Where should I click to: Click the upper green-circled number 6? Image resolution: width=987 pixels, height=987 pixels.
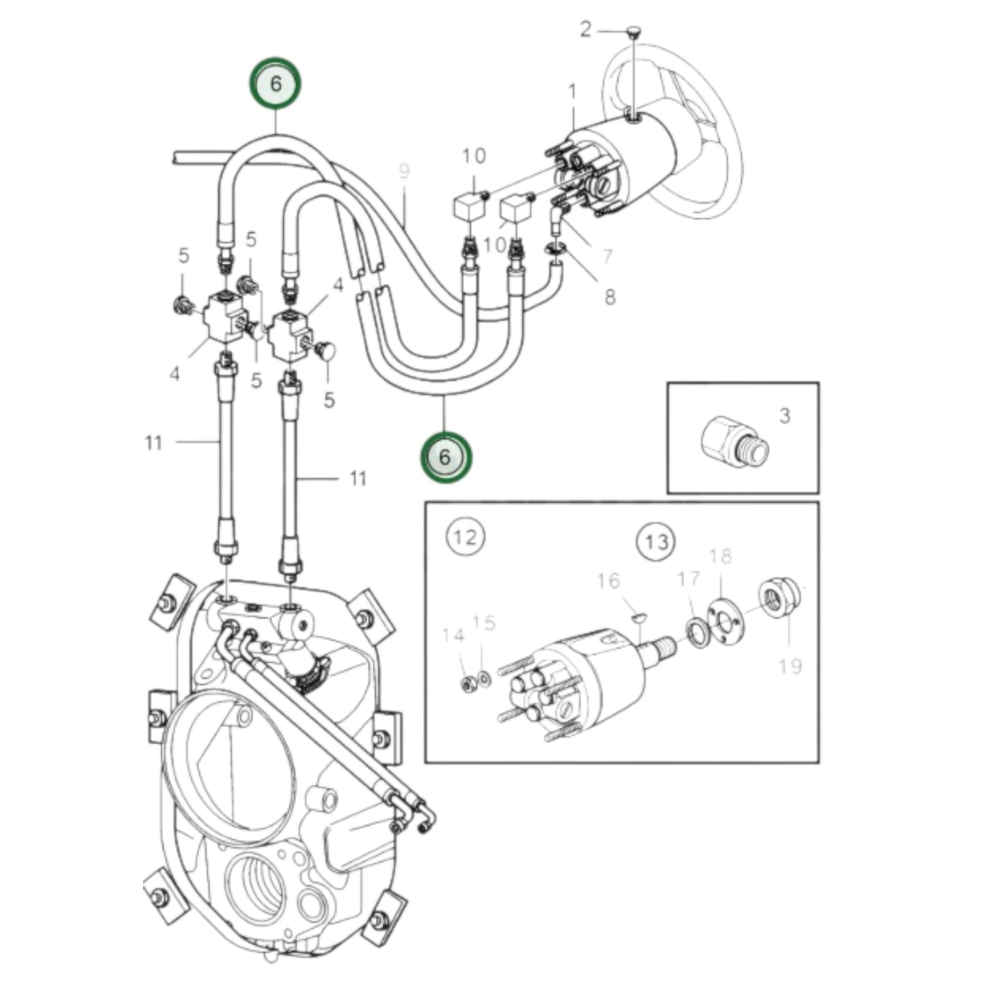275,83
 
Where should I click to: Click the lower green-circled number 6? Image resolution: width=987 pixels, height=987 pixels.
445,457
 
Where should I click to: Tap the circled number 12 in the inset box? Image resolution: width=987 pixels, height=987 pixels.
466,537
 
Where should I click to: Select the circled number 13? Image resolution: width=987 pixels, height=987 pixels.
656,542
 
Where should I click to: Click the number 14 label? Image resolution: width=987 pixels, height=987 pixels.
452,636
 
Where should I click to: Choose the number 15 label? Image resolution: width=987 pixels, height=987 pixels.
484,623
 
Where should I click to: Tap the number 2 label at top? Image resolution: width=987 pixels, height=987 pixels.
585,30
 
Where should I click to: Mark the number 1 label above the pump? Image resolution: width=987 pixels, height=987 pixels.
572,91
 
